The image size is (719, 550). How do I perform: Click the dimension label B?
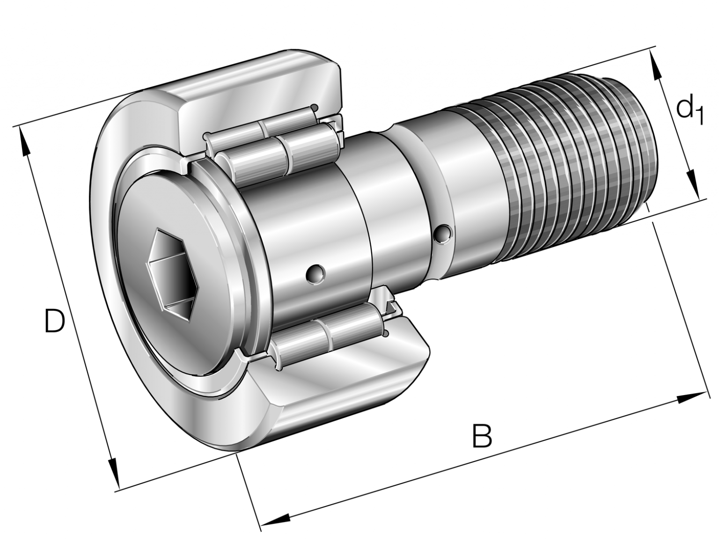482,435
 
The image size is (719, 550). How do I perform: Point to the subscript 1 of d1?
699,116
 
